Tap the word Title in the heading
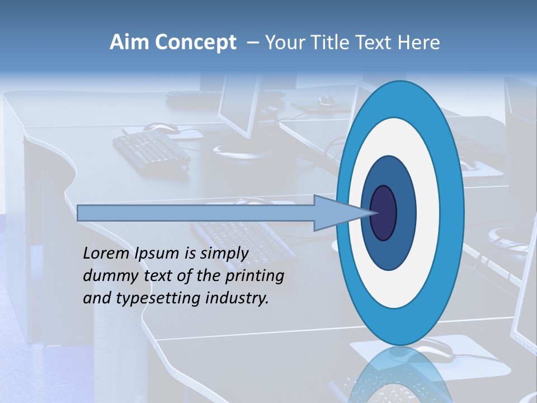331,43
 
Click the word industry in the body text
237,298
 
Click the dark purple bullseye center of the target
384,213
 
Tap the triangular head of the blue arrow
341,213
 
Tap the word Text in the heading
376,43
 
